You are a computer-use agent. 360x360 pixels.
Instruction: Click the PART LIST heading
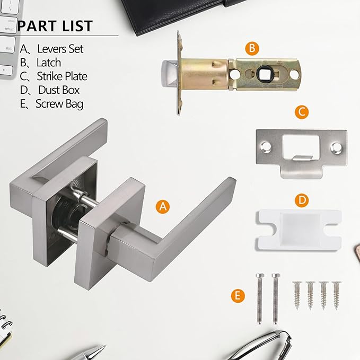[x=55, y=26]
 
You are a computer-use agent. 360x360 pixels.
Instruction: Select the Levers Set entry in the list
[x=52, y=49]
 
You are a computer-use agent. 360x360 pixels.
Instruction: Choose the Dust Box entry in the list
[x=50, y=90]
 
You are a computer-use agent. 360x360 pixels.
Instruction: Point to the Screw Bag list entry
[x=52, y=104]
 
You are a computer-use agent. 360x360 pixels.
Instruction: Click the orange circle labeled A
[x=164, y=207]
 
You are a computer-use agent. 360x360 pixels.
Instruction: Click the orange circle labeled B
[x=252, y=49]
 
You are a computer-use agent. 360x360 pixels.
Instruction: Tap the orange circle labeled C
[x=301, y=112]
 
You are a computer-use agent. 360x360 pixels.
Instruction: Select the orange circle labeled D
[x=301, y=200]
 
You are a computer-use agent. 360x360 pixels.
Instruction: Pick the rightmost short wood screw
[x=336, y=294]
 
